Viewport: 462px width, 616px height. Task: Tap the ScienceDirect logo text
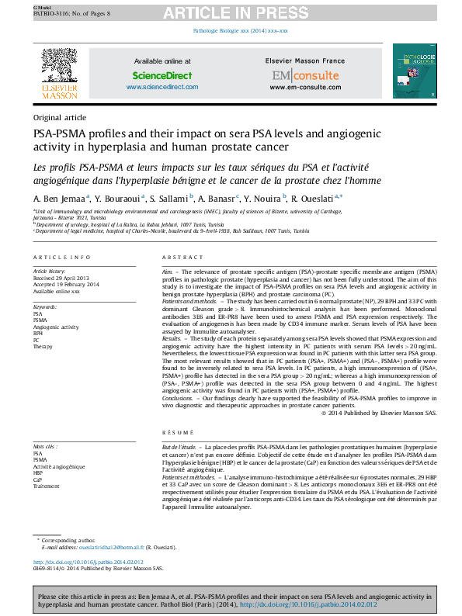pyautogui.click(x=162, y=76)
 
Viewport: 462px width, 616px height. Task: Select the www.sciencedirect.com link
pyautogui.click(x=162, y=88)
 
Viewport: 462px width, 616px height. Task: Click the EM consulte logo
pyautogui.click(x=304, y=76)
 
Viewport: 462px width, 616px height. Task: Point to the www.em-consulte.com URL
pyautogui.click(x=305, y=88)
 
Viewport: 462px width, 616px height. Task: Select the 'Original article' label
pyautogui.click(x=59, y=117)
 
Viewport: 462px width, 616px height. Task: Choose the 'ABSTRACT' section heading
pyautogui.click(x=182, y=258)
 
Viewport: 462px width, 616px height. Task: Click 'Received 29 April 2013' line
pyautogui.click(x=61, y=278)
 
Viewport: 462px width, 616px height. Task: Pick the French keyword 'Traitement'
pyautogui.click(x=46, y=486)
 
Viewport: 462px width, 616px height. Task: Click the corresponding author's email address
pyautogui.click(x=113, y=547)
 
